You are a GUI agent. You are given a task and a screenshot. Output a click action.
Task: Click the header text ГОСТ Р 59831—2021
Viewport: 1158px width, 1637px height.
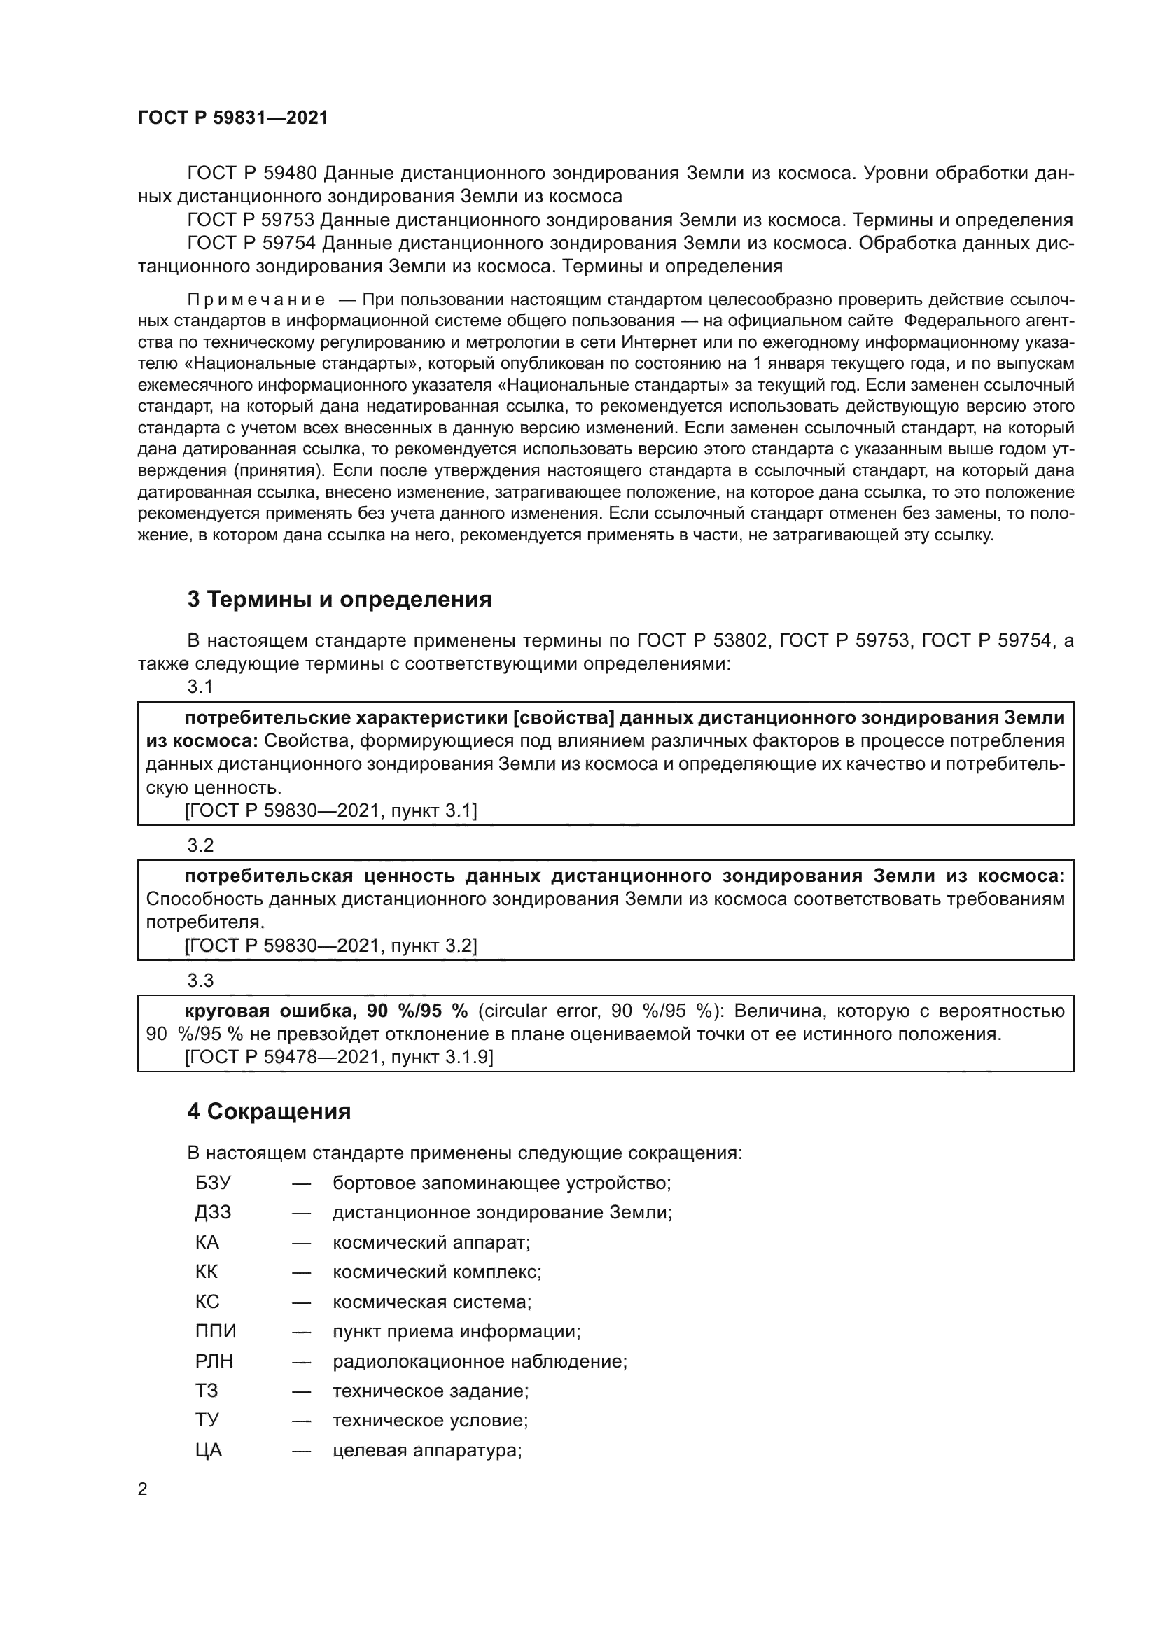tap(233, 118)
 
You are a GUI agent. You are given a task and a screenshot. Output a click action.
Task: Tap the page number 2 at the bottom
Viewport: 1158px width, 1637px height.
tap(143, 1489)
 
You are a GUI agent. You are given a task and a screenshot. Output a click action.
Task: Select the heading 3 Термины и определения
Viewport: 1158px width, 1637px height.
tap(340, 599)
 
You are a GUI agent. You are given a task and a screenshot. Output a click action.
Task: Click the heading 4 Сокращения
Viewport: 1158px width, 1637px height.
tap(269, 1111)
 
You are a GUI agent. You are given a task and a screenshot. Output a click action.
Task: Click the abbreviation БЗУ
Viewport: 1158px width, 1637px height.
tap(214, 1183)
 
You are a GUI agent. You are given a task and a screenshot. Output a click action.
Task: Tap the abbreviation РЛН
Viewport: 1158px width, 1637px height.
tap(214, 1361)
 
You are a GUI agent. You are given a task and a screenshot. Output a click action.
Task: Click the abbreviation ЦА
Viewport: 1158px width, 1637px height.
tap(209, 1450)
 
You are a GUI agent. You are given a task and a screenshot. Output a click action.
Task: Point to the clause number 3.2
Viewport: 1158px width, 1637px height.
tap(200, 845)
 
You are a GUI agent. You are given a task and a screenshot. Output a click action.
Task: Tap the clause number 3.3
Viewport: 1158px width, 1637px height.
tap(200, 981)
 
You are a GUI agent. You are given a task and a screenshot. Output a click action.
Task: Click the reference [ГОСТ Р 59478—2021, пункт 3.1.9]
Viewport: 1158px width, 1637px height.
tap(339, 1057)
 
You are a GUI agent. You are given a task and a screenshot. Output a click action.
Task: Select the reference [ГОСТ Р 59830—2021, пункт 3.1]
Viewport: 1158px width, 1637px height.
tap(331, 810)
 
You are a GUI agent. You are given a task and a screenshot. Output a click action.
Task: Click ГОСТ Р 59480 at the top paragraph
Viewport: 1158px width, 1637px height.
tap(251, 174)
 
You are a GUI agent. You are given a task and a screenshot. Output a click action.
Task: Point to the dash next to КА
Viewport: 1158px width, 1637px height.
tap(302, 1243)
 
